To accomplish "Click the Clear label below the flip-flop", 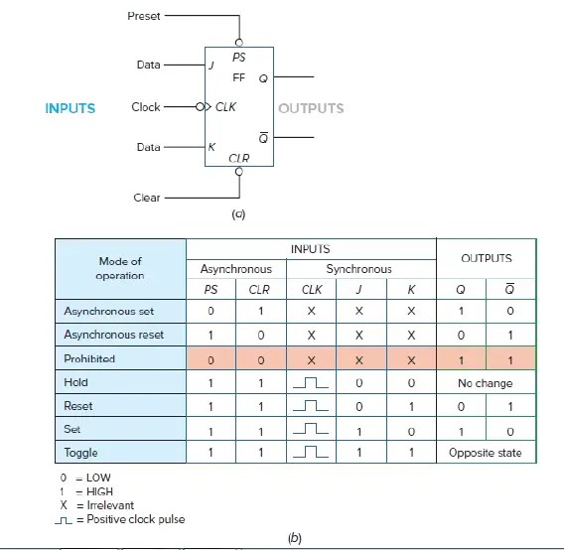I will [x=147, y=198].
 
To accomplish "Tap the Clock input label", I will [x=146, y=107].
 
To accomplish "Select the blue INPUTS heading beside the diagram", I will [x=70, y=108].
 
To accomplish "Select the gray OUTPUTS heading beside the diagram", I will [x=311, y=108].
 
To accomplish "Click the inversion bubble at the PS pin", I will [x=238, y=43].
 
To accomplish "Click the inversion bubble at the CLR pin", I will [x=238, y=171].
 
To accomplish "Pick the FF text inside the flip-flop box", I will [x=238, y=77].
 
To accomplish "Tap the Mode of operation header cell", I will [x=120, y=268].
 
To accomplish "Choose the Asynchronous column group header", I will [x=236, y=269].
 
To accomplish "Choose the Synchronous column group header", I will [x=360, y=269].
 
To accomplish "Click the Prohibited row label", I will [x=91, y=358].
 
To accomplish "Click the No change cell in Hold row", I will [x=487, y=382].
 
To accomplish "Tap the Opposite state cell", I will [x=487, y=453].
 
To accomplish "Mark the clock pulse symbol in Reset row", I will [x=312, y=406].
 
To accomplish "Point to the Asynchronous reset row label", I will [x=113, y=335].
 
